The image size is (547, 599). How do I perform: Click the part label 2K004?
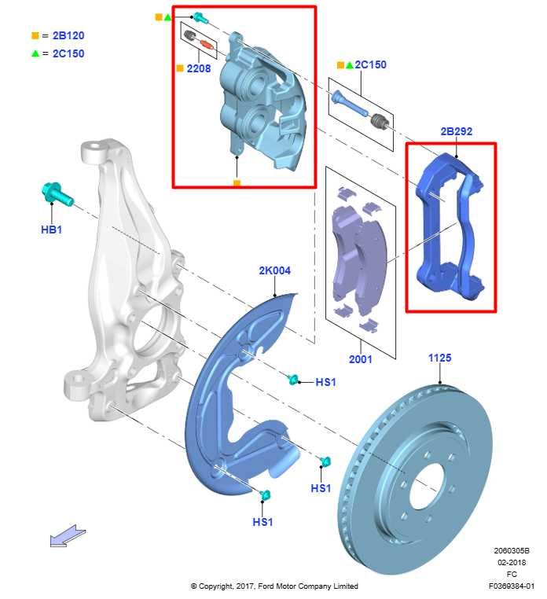pyautogui.click(x=274, y=270)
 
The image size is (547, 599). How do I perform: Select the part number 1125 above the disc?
pyautogui.click(x=439, y=358)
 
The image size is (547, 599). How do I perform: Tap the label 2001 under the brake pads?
pyautogui.click(x=360, y=359)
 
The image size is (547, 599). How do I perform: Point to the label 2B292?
pyautogui.click(x=457, y=131)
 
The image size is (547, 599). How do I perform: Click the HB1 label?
pyautogui.click(x=52, y=230)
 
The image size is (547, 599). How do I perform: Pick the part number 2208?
pyautogui.click(x=199, y=68)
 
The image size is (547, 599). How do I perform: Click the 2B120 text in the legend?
pyautogui.click(x=68, y=35)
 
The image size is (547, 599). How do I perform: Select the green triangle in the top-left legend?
pyautogui.click(x=35, y=53)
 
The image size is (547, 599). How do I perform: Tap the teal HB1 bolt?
pyautogui.click(x=57, y=194)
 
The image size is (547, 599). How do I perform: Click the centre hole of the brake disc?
pyautogui.click(x=427, y=486)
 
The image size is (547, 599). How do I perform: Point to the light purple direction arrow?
pyautogui.click(x=68, y=536)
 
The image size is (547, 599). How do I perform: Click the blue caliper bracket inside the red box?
pyautogui.click(x=450, y=226)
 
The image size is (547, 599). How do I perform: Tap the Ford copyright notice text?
pyautogui.click(x=274, y=586)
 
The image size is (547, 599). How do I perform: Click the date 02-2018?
pyautogui.click(x=512, y=562)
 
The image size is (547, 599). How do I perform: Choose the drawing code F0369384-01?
pyautogui.click(x=512, y=586)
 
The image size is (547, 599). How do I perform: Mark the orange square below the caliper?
pyautogui.click(x=237, y=184)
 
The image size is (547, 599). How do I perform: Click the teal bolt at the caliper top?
pyautogui.click(x=200, y=17)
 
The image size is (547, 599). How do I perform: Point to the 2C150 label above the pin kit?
pyautogui.click(x=370, y=64)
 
